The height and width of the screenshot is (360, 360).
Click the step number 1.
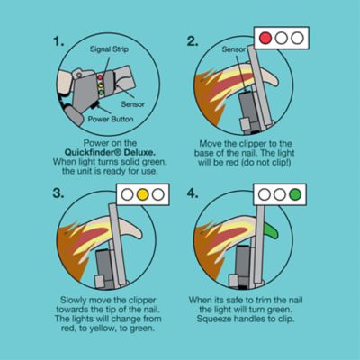coord(58,41)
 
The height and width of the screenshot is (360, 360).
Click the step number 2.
coord(192,41)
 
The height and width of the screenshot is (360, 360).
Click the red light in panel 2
coord(266,39)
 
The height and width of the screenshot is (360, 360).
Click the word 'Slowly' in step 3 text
coord(75,299)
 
